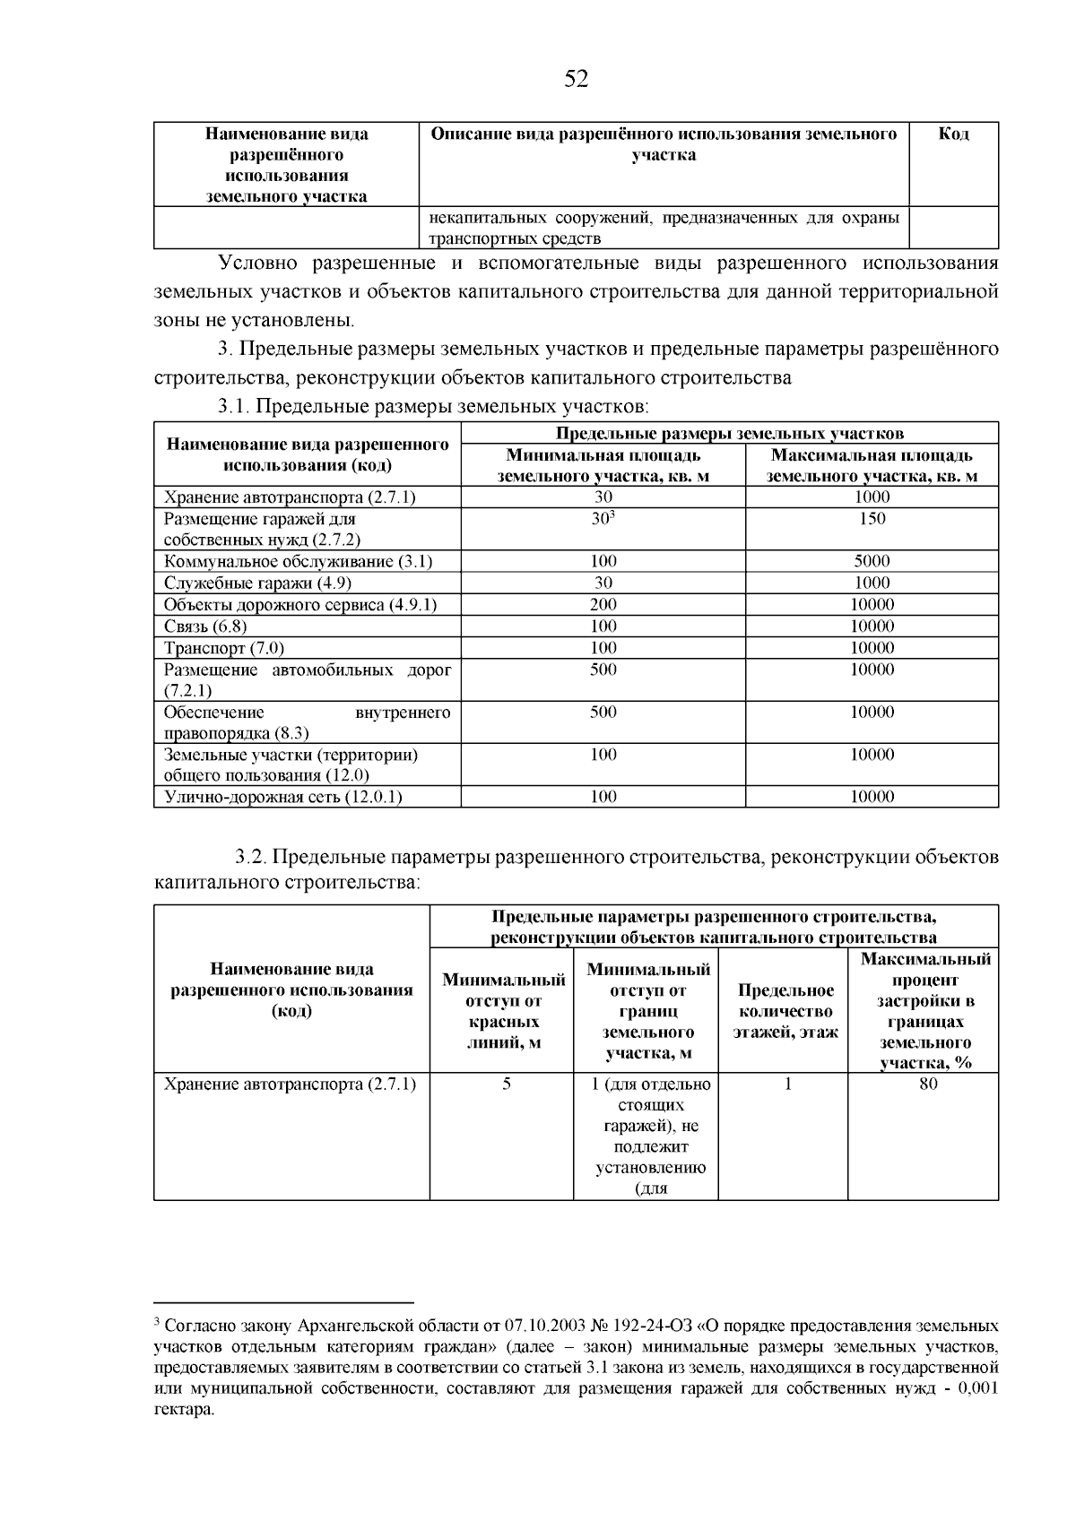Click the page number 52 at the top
(x=577, y=80)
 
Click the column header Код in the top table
(x=953, y=134)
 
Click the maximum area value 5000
(x=872, y=561)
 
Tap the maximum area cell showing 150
(x=872, y=519)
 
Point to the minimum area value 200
(x=603, y=605)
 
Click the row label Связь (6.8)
(x=205, y=627)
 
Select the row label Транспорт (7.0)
(x=224, y=648)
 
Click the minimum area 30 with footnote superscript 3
(x=603, y=519)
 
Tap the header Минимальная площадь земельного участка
(x=603, y=466)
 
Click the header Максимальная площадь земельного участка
(x=872, y=466)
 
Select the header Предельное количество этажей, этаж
(x=785, y=1011)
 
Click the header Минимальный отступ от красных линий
(x=505, y=1011)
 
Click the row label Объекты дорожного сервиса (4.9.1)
(x=299, y=605)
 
